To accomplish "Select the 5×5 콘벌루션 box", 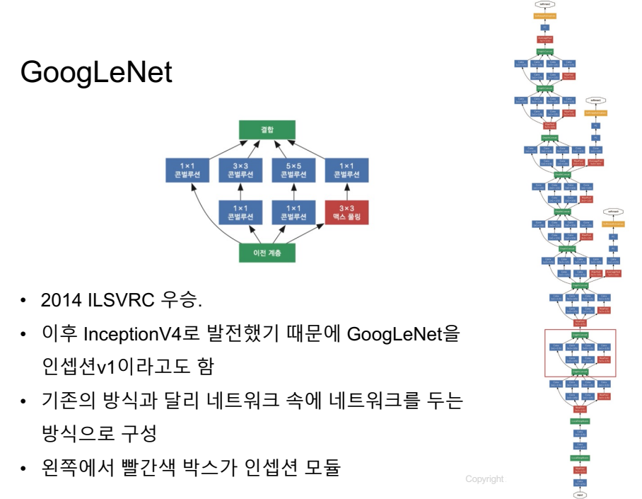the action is click(293, 170).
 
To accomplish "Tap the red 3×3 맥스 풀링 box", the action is click(346, 212).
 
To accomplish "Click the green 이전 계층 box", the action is click(266, 253).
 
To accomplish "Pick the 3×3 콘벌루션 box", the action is click(240, 170).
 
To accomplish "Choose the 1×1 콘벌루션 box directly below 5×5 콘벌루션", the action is click(293, 212).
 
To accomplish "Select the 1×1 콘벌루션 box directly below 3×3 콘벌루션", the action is click(240, 212).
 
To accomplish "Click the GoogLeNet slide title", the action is click(96, 72).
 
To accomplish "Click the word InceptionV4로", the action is click(130, 333).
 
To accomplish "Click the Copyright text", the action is click(485, 479).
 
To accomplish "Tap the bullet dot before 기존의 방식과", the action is click(23, 401).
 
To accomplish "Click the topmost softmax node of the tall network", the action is click(544, 4).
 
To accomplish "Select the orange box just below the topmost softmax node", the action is click(544, 15).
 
